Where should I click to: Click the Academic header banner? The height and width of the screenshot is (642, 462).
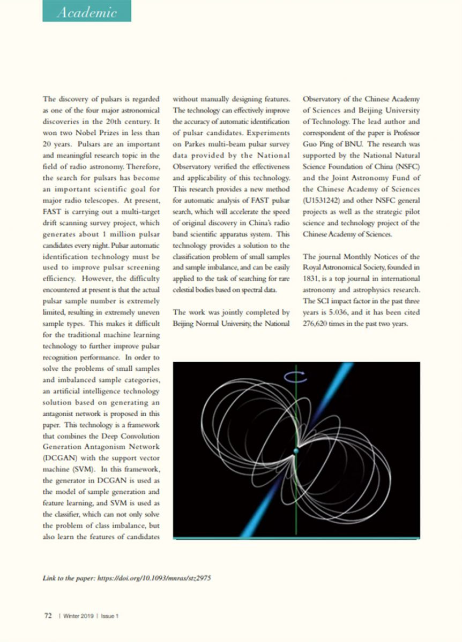[x=87, y=12]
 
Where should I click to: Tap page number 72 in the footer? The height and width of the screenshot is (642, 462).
[x=47, y=616]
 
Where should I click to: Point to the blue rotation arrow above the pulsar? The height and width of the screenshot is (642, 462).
[x=295, y=376]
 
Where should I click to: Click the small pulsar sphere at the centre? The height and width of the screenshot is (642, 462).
[x=295, y=452]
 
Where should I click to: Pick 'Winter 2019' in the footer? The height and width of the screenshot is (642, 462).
[x=78, y=616]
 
